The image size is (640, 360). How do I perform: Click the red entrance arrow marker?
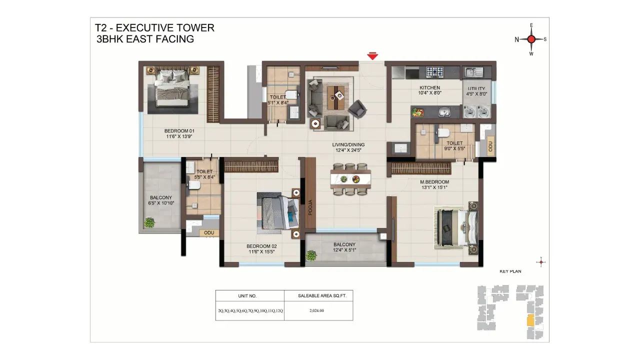[x=372, y=56]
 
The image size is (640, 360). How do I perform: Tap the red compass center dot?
[x=531, y=39]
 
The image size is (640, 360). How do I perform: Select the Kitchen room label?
[x=429, y=87]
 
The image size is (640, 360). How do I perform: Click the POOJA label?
[x=310, y=207]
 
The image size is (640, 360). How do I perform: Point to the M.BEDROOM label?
[x=434, y=182]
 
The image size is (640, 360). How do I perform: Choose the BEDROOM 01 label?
[x=179, y=131]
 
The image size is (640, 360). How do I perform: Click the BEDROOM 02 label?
[x=261, y=246]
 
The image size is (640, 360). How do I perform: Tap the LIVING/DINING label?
[x=348, y=144]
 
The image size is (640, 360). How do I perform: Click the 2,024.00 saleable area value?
[x=316, y=310]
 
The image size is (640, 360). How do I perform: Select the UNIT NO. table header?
[x=247, y=296]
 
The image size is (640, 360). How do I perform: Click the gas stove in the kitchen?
[x=434, y=71]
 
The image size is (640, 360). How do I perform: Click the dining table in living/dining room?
[x=350, y=179]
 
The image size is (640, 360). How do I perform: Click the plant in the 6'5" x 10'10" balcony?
[x=149, y=222]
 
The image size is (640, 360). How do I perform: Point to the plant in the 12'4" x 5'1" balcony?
[x=311, y=255]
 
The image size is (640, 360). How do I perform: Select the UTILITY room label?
[x=476, y=88]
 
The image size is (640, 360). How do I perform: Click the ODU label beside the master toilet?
[x=490, y=146]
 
